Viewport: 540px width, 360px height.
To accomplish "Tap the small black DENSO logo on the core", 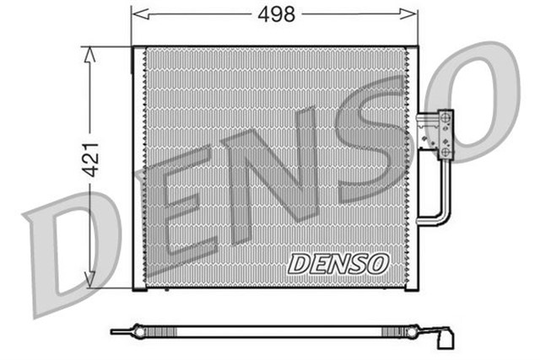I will click(x=337, y=263).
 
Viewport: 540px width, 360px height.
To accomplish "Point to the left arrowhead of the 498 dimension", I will click(x=138, y=14).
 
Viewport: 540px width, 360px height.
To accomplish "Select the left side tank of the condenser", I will click(x=138, y=169).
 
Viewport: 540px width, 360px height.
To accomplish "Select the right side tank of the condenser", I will click(x=411, y=169).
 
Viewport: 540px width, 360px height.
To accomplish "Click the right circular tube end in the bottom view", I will click(x=410, y=332).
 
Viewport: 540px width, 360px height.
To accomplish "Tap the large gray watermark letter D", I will click(x=63, y=253).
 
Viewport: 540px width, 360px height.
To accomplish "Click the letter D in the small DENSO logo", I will click(x=300, y=264).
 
